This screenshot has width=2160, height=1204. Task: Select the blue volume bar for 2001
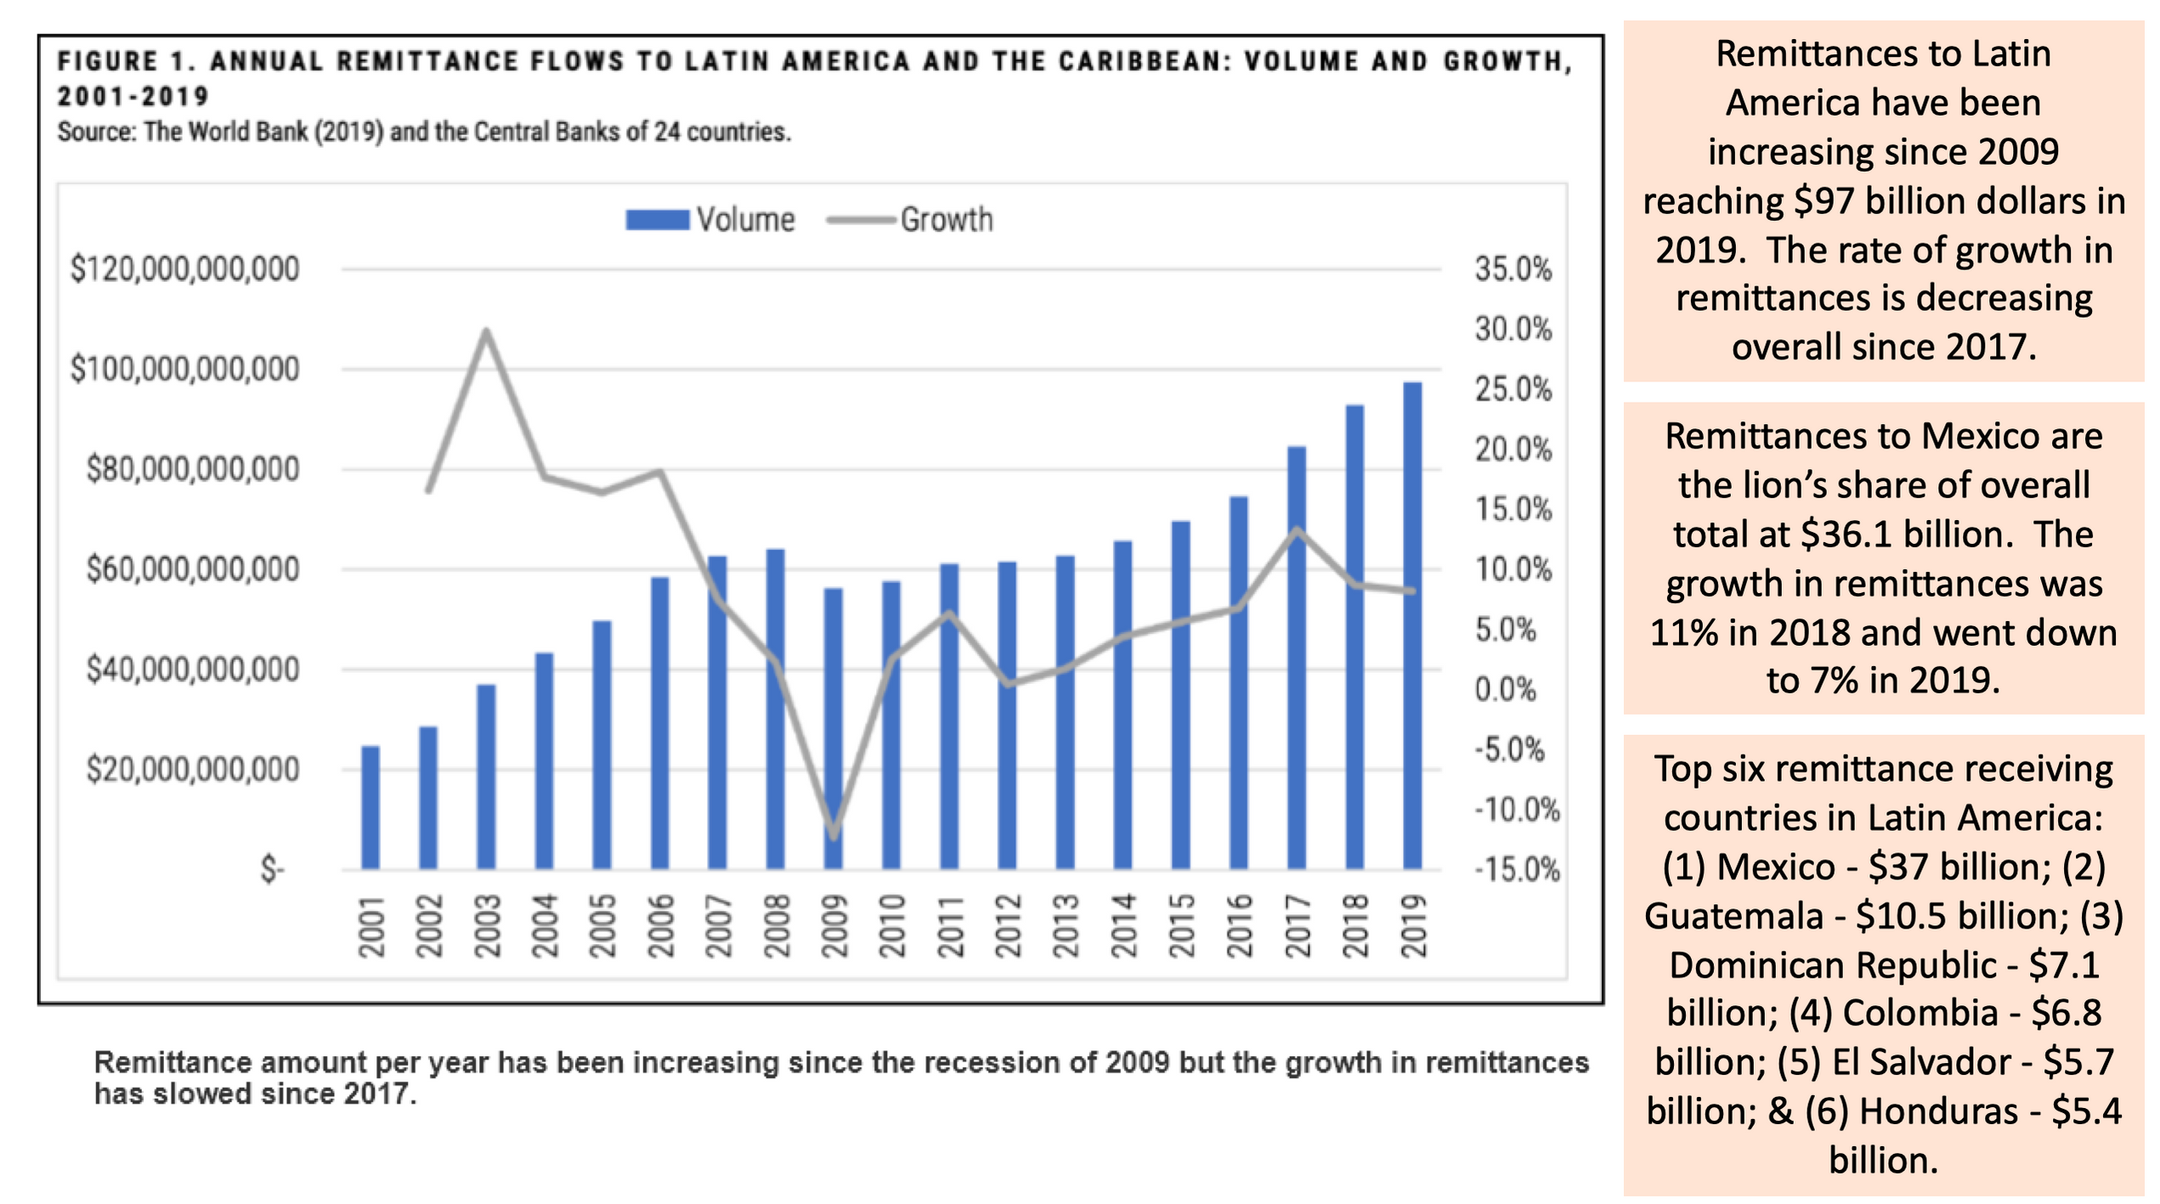370,807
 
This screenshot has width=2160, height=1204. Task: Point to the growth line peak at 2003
486,331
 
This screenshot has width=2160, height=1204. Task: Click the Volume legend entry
710,220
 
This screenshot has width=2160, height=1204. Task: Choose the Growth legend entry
909,220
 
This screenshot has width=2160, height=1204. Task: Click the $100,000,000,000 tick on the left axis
184,370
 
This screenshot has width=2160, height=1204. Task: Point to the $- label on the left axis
272,870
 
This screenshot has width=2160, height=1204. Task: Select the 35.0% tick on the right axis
1513,269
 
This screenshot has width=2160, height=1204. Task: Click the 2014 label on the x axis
1123,926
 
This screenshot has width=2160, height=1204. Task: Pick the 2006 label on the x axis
660,926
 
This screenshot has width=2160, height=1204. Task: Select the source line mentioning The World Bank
424,133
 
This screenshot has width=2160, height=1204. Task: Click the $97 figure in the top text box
1824,201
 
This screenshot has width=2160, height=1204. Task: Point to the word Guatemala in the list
1733,917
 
